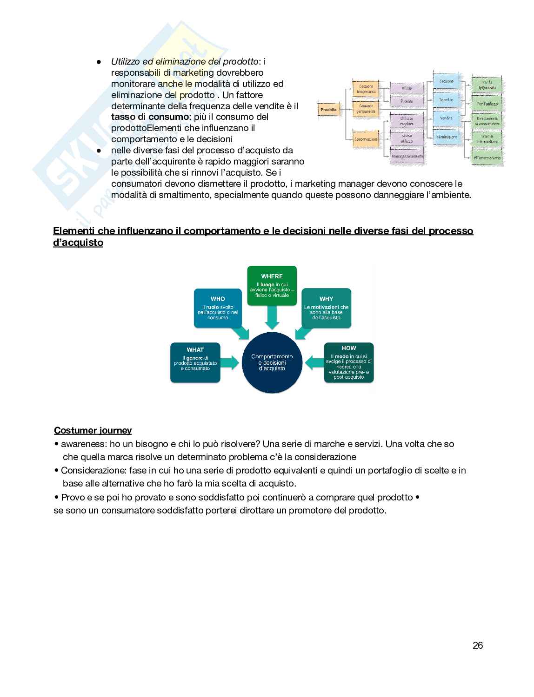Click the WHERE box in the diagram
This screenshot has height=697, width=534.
[272, 285]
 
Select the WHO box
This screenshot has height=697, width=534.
[218, 308]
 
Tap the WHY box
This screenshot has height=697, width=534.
[326, 308]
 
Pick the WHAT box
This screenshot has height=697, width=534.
[195, 362]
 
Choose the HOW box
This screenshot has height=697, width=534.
[349, 362]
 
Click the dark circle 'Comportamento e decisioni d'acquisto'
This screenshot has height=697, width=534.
[272, 362]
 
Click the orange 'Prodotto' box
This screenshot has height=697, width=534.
[328, 110]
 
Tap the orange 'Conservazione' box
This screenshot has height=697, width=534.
[366, 139]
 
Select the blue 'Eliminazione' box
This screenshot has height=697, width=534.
[447, 137]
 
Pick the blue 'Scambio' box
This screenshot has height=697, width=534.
[446, 99]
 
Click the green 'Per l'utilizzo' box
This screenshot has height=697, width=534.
[487, 104]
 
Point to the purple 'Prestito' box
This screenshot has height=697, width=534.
[407, 101]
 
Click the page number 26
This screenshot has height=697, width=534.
[478, 645]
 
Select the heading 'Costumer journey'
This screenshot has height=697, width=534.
[93, 430]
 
